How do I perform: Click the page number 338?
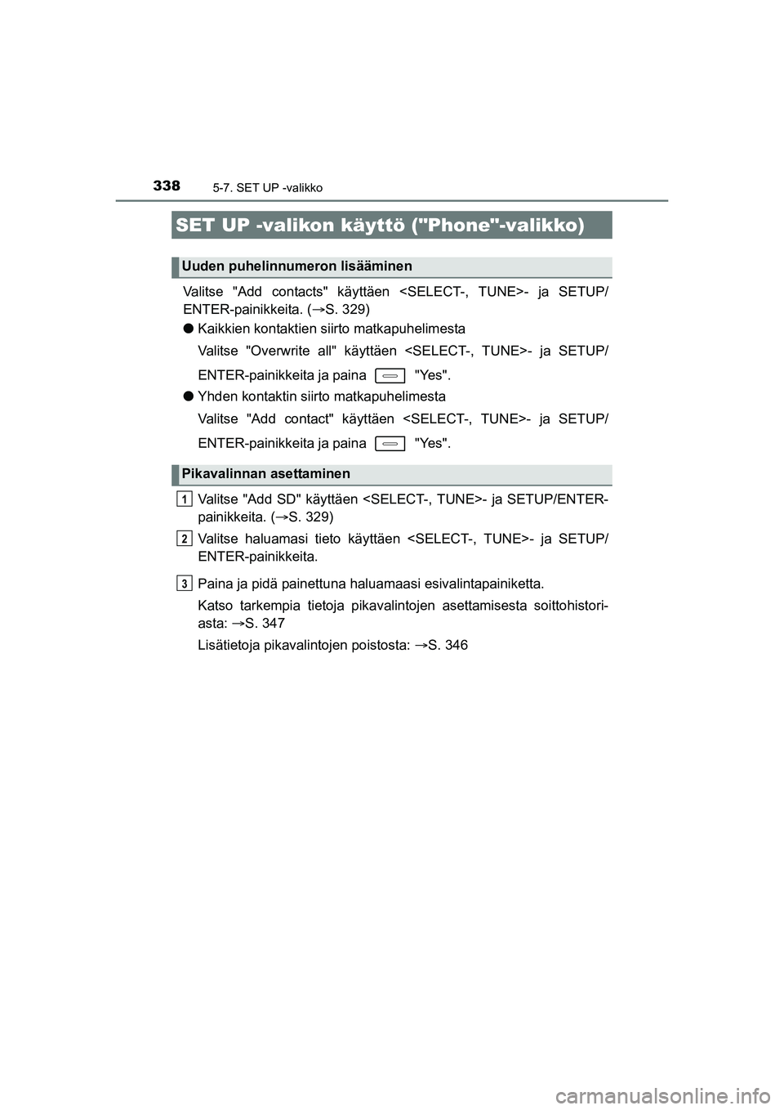(166, 186)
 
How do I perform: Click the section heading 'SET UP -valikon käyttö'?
(380, 225)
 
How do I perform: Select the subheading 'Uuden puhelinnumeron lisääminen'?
(297, 266)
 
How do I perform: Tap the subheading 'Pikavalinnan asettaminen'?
(266, 474)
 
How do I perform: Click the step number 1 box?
(185, 499)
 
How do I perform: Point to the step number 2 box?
(185, 538)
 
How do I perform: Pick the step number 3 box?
(185, 583)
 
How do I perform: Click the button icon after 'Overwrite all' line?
(390, 376)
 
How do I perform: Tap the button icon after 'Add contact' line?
(390, 444)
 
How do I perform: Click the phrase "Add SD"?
(271, 499)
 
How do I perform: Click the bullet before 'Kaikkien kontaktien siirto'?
(188, 329)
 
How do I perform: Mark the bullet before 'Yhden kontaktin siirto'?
(188, 396)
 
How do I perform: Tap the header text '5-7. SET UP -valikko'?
(268, 188)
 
